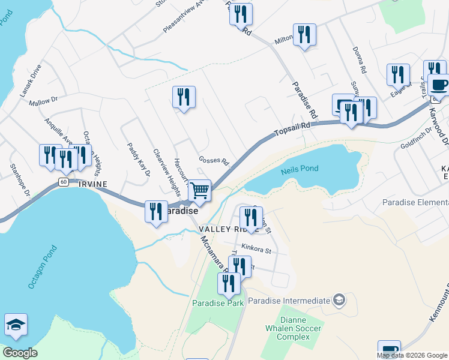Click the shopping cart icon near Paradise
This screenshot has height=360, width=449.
[199, 191]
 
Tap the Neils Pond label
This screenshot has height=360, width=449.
[300, 170]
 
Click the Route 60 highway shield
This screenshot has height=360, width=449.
[63, 181]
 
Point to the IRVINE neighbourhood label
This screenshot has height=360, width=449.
[92, 184]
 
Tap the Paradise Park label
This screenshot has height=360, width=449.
[218, 303]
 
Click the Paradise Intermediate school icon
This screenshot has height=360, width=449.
[339, 299]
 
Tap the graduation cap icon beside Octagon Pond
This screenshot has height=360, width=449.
[16, 325]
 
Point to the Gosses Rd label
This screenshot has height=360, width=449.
[214, 161]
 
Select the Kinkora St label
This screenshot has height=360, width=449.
[256, 247]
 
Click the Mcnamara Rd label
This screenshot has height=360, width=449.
[213, 254]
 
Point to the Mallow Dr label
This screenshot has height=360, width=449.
[43, 101]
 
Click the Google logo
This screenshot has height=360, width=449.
[20, 353]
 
